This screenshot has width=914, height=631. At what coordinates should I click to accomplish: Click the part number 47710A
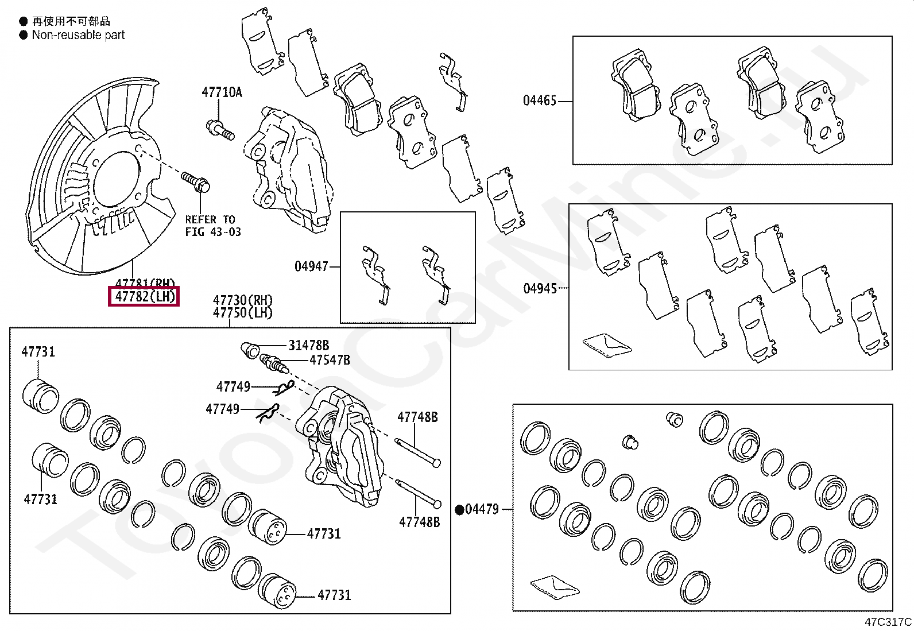(x=221, y=92)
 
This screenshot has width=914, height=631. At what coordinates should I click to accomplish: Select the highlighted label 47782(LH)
(x=144, y=296)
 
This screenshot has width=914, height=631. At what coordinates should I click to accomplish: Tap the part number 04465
(x=540, y=101)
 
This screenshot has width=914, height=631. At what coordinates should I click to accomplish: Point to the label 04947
(x=311, y=266)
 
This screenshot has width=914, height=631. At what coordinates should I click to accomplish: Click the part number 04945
(x=540, y=288)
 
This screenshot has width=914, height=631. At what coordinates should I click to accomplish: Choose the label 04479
(x=482, y=509)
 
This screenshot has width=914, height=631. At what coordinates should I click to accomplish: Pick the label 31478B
(x=308, y=346)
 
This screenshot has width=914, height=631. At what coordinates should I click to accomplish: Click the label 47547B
(x=329, y=361)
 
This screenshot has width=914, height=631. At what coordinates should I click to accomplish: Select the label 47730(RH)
(x=243, y=300)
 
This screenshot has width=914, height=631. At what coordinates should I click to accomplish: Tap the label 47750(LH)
(x=243, y=313)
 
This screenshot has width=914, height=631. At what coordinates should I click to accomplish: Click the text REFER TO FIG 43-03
(x=212, y=226)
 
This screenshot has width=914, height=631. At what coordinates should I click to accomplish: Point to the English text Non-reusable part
(x=78, y=35)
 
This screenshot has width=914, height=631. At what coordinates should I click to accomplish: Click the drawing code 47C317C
(x=888, y=622)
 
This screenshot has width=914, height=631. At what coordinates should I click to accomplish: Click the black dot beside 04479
(x=460, y=509)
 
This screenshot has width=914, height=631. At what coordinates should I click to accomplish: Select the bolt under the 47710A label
(x=220, y=129)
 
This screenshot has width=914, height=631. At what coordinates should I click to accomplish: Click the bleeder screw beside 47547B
(x=273, y=363)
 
